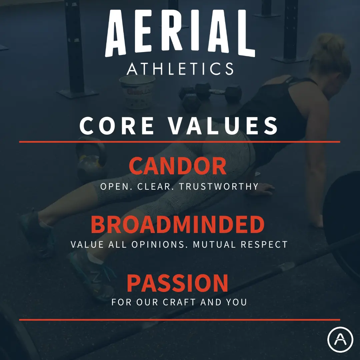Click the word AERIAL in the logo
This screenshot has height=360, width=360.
180,33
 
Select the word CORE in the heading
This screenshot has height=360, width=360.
117,126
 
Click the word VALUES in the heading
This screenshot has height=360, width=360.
223,126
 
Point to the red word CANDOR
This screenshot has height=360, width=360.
178,166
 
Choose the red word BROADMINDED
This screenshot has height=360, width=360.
178,225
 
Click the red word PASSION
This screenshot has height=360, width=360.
178,283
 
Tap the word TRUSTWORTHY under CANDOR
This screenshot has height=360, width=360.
219,186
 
